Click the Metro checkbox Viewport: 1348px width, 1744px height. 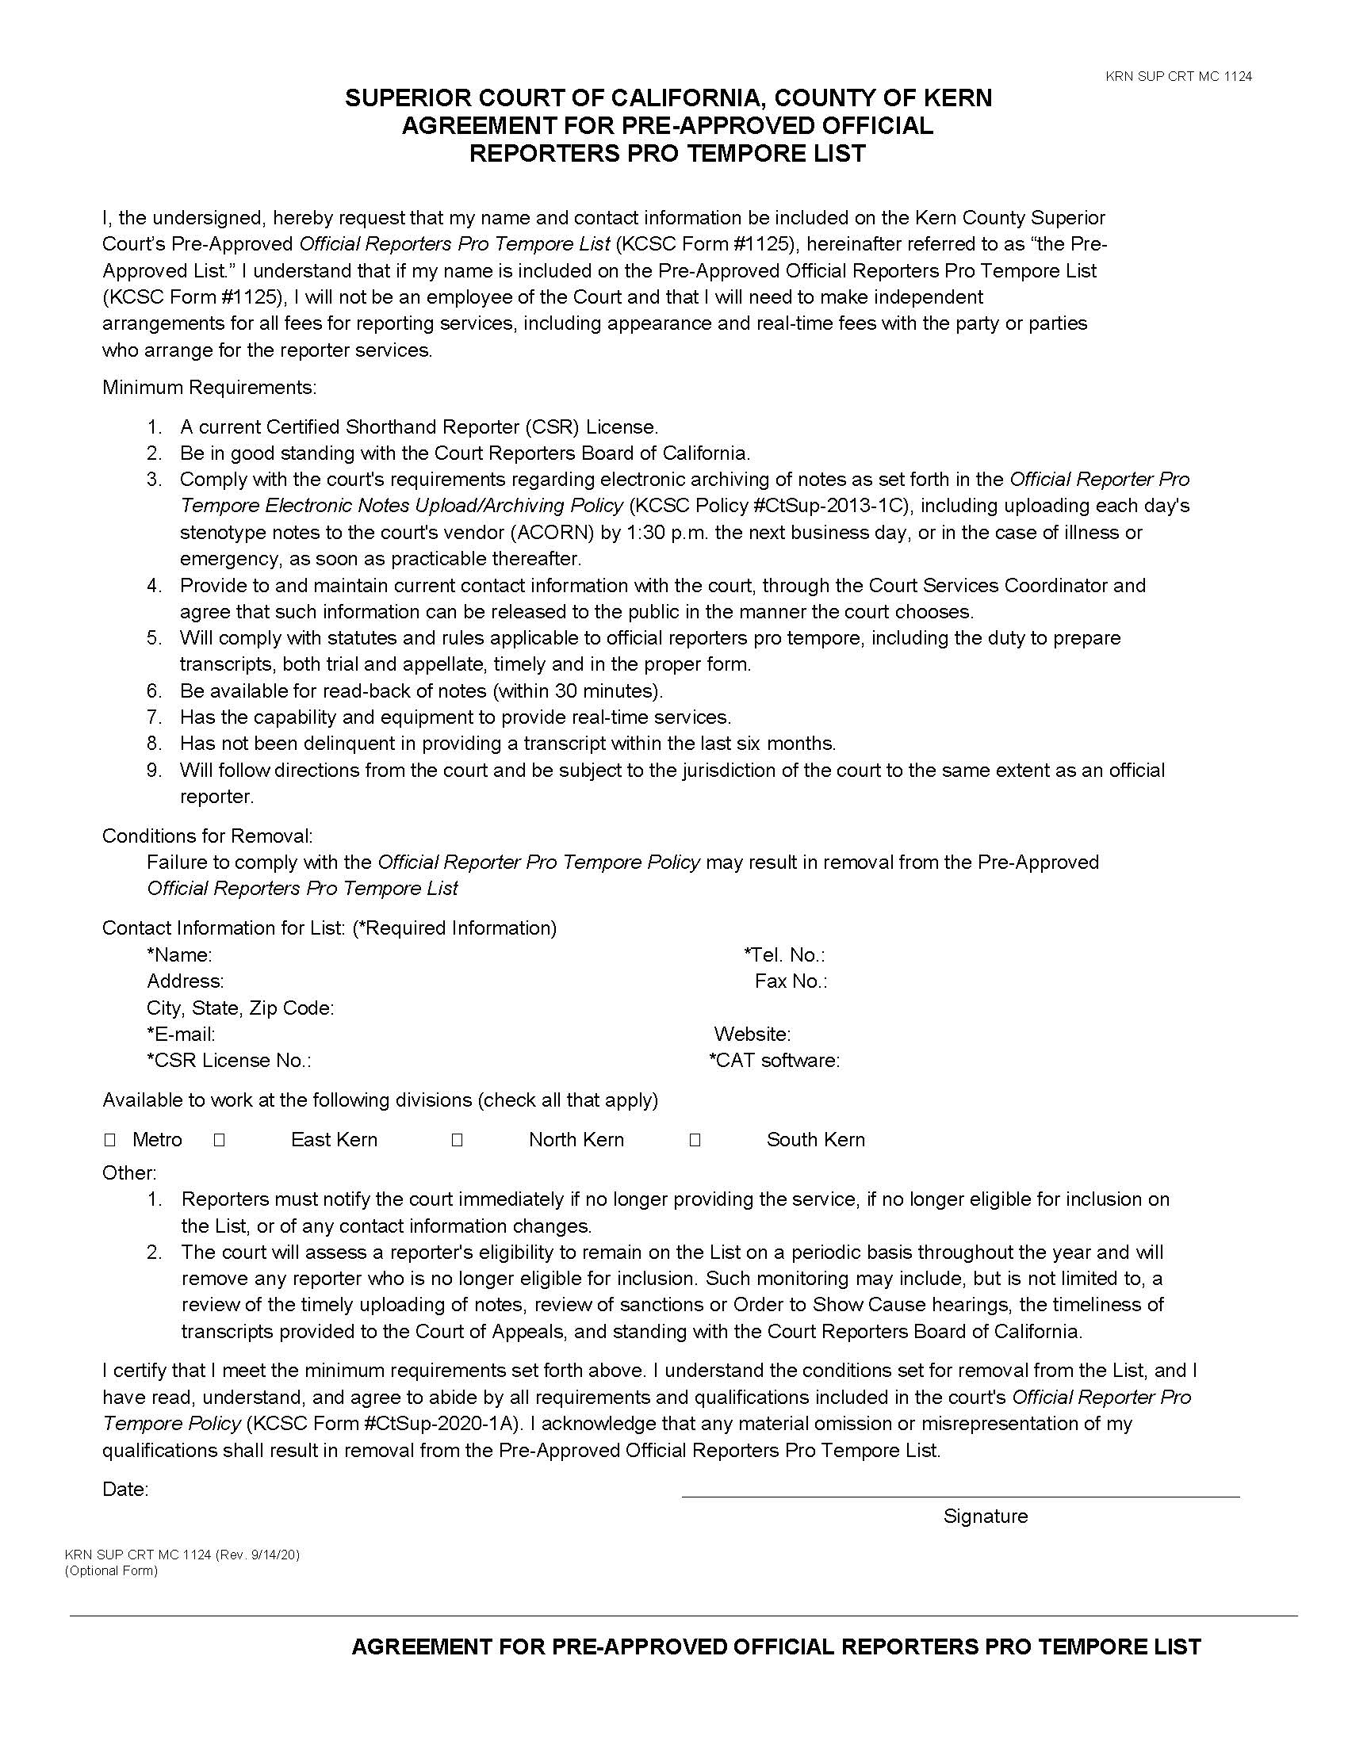(x=110, y=1139)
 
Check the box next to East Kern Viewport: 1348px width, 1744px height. (x=220, y=1139)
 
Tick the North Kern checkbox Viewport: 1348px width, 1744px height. (x=457, y=1139)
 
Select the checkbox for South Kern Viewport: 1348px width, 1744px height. (x=695, y=1139)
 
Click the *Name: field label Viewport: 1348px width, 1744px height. (x=179, y=954)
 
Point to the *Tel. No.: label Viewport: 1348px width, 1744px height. (x=784, y=954)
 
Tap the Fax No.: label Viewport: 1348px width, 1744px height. (x=791, y=981)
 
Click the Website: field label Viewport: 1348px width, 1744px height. (x=752, y=1034)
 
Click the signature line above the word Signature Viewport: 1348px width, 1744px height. (x=960, y=1496)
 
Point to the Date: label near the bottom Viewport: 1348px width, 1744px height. (x=125, y=1490)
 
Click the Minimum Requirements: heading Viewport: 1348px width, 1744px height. (x=209, y=388)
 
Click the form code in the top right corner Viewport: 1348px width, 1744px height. (x=1178, y=77)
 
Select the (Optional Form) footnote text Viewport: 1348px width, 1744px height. (x=111, y=1570)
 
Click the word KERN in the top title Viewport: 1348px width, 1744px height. (x=958, y=98)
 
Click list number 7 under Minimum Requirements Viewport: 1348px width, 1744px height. (x=154, y=717)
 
